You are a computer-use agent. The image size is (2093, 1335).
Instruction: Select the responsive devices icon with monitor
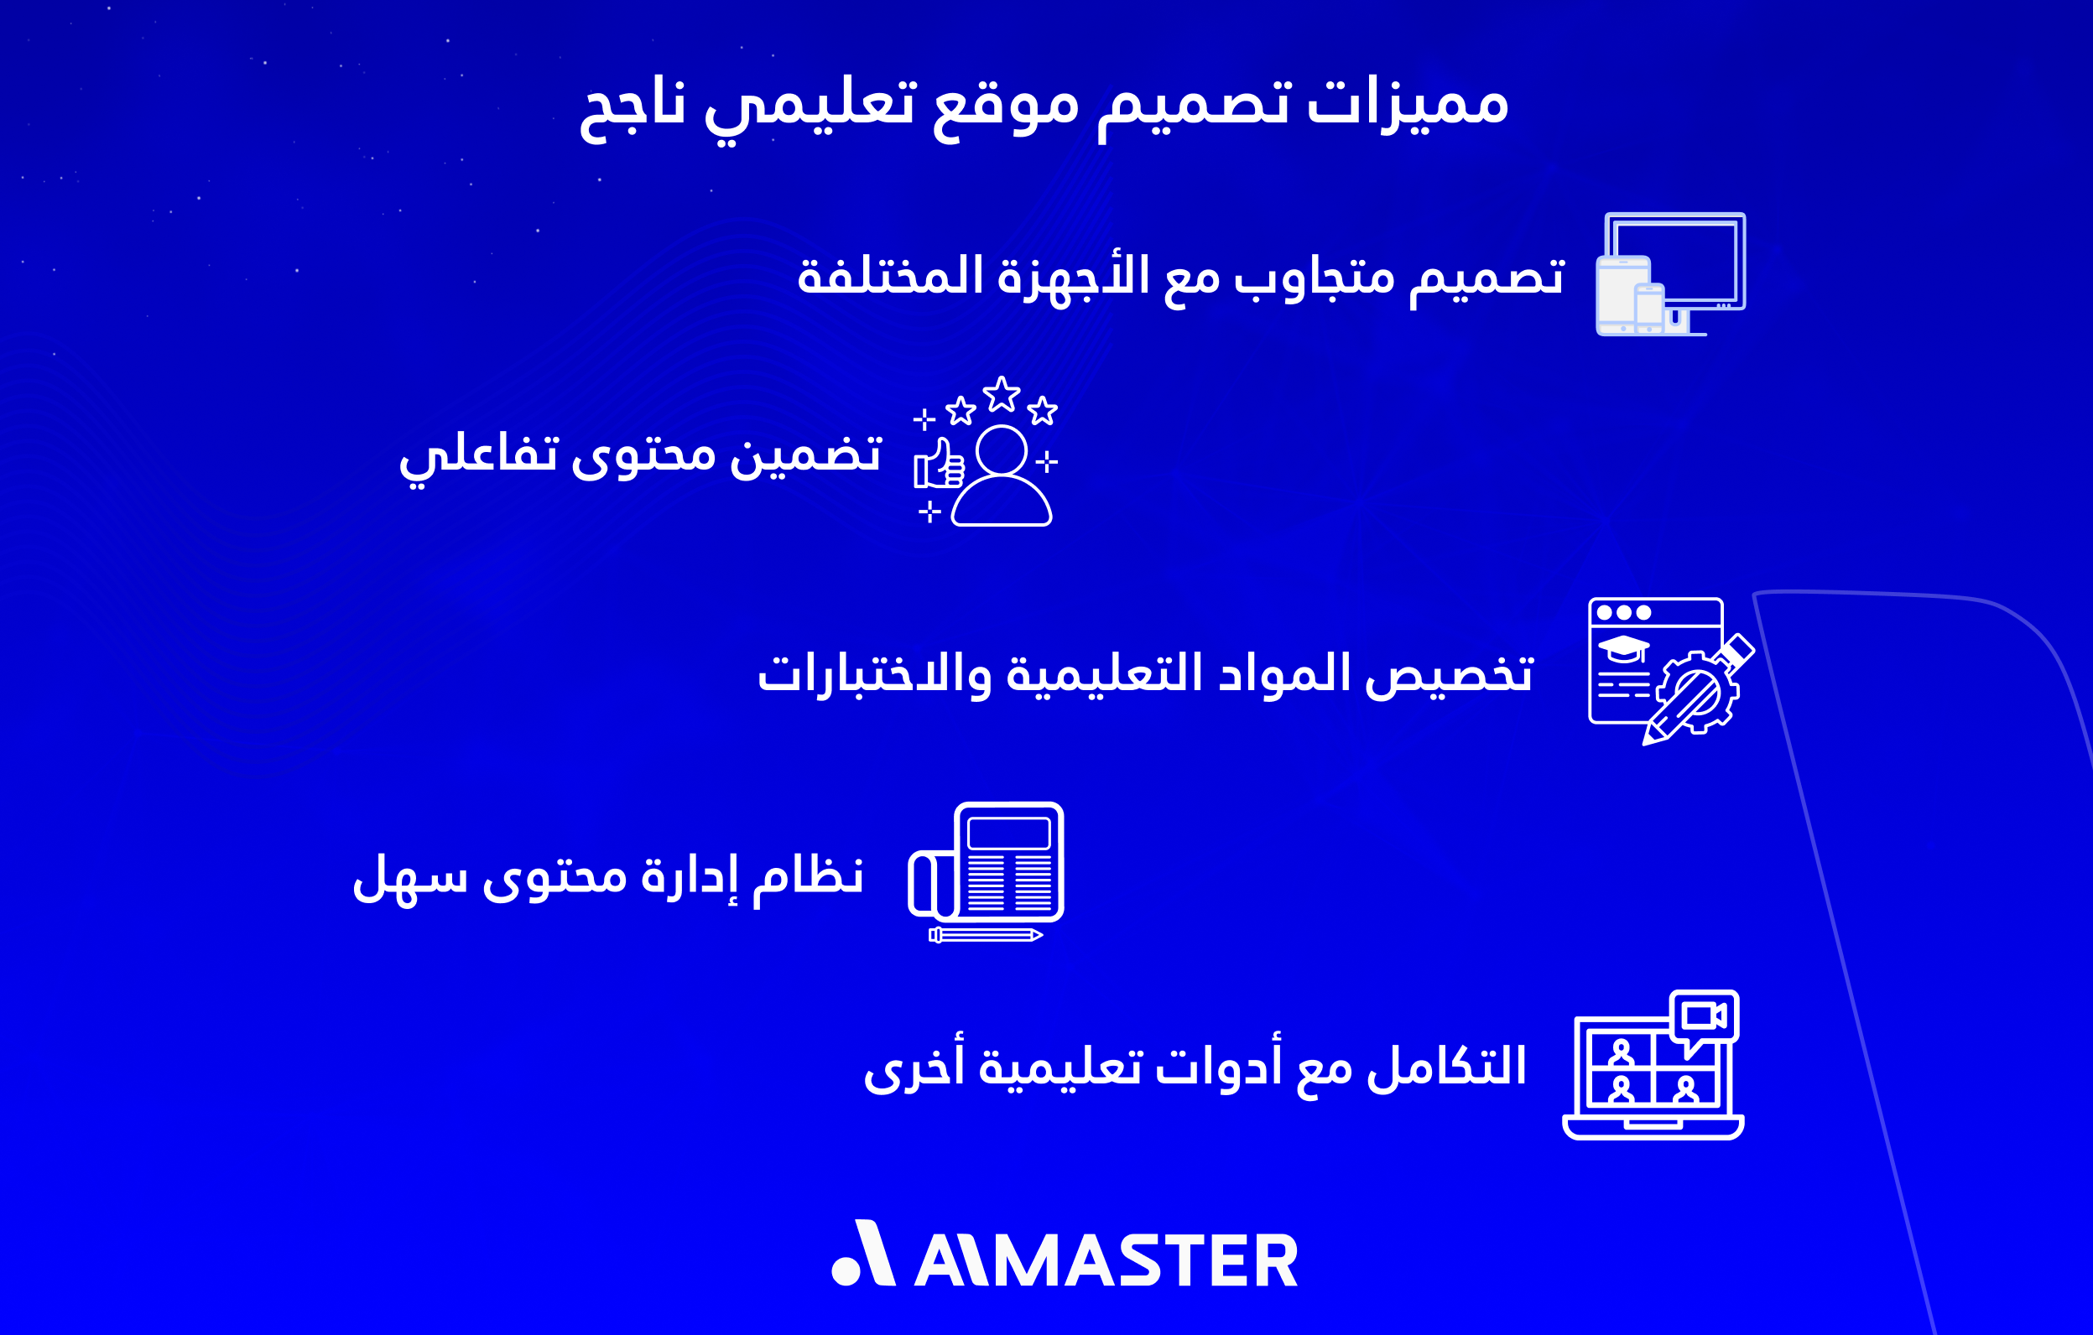1670,273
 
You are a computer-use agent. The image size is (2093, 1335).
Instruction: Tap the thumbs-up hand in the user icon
939,465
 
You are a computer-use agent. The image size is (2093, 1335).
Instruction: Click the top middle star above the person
1002,395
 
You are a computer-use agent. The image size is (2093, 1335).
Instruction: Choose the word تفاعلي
478,455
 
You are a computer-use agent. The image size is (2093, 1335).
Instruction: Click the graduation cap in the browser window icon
1623,647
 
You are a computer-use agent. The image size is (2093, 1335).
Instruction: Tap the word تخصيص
1449,674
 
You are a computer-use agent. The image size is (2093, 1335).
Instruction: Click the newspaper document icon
1008,861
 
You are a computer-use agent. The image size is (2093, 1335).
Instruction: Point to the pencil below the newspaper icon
986,935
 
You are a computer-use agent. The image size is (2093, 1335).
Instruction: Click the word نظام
809,875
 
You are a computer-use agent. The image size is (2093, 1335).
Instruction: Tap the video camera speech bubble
1704,1017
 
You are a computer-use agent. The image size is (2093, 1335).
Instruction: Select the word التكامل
1446,1067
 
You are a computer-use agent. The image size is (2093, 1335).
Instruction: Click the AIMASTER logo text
1106,1260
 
